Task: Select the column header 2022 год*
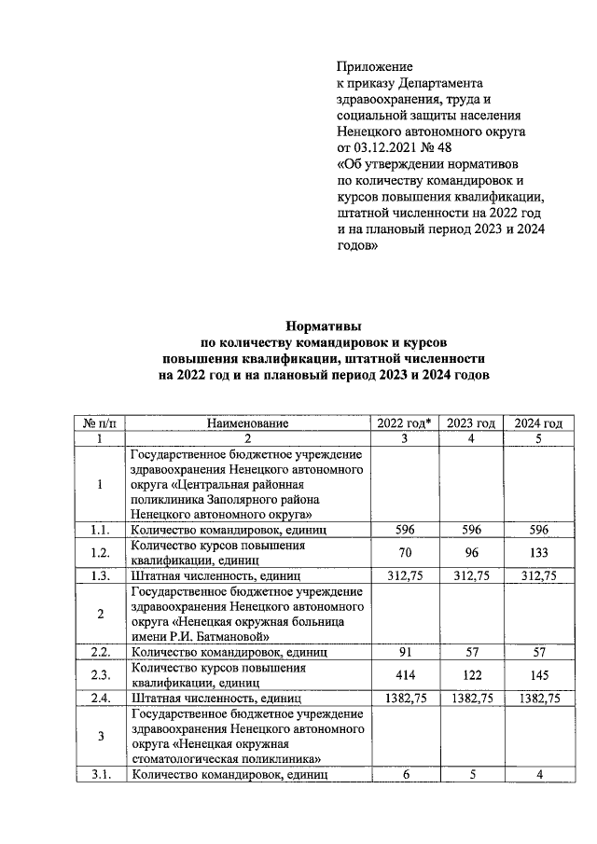pyautogui.click(x=404, y=422)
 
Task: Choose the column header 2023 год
pyautogui.click(x=470, y=422)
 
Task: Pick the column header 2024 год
pyautogui.click(x=535, y=422)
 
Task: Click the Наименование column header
pyautogui.click(x=248, y=422)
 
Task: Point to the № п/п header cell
pyautogui.click(x=99, y=422)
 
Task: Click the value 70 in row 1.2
pyautogui.click(x=404, y=551)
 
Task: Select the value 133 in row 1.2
pyautogui.click(x=535, y=551)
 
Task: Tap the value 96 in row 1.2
pyautogui.click(x=470, y=551)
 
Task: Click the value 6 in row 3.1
pyautogui.click(x=404, y=773)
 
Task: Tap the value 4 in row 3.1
pyautogui.click(x=535, y=773)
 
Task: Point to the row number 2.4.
pyautogui.click(x=99, y=697)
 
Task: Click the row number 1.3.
pyautogui.click(x=99, y=575)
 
